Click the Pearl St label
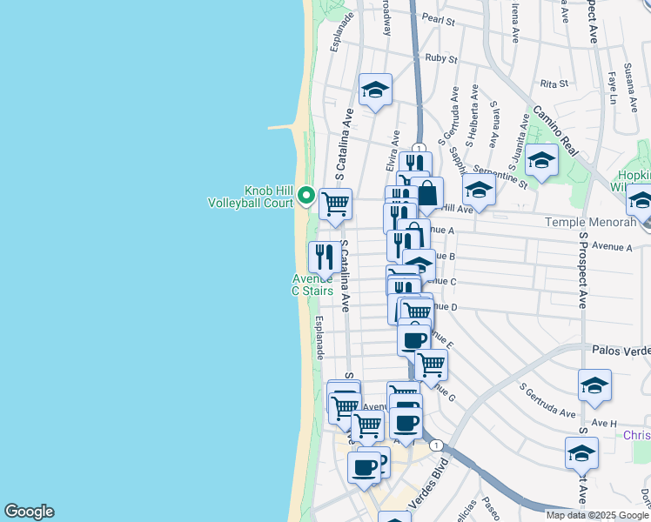[x=439, y=17]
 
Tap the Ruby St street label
[x=441, y=59]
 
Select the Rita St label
[x=554, y=84]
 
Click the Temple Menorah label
[x=584, y=222]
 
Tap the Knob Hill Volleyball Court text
[x=250, y=197]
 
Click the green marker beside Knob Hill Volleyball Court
[x=305, y=195]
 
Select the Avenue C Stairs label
[x=312, y=284]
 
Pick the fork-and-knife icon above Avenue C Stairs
[x=324, y=256]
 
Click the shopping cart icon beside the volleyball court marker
[x=335, y=204]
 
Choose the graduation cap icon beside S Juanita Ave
[x=541, y=159]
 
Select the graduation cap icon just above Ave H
[x=594, y=385]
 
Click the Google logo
[x=29, y=512]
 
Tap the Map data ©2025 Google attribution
[x=597, y=515]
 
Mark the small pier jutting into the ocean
[x=285, y=127]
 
